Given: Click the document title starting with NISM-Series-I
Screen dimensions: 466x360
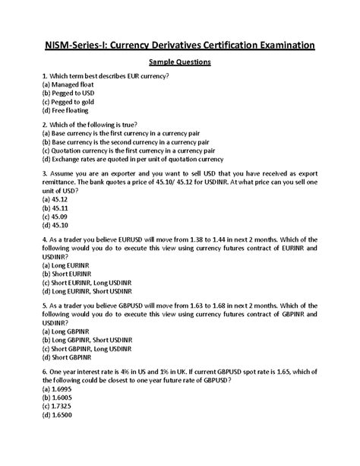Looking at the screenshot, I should [179, 46].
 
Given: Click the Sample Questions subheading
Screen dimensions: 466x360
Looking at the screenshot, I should [179, 62].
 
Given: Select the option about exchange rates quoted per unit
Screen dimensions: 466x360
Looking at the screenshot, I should [133, 160].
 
